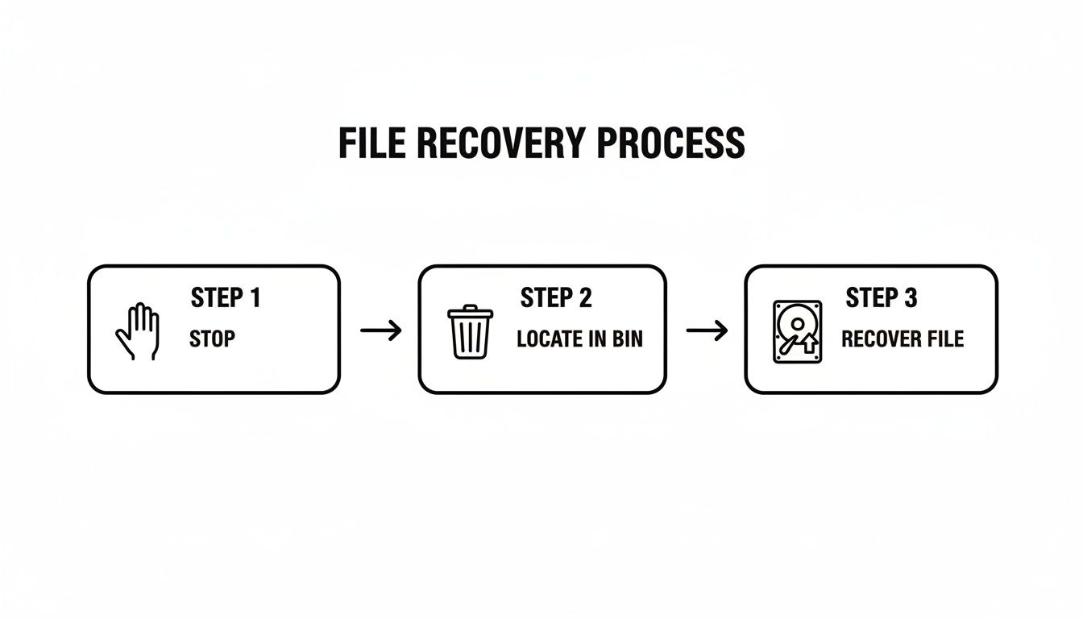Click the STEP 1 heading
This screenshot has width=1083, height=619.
pyautogui.click(x=226, y=298)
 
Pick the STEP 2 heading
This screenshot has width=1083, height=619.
pyautogui.click(x=556, y=298)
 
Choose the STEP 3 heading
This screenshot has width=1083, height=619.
pyautogui.click(x=882, y=298)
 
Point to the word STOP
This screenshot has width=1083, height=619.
pyautogui.click(x=212, y=339)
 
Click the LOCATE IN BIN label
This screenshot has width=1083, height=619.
pyautogui.click(x=579, y=339)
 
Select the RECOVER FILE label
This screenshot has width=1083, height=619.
pyautogui.click(x=902, y=339)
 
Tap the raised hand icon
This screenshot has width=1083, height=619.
pyautogui.click(x=138, y=330)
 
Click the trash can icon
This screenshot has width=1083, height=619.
pyautogui.click(x=470, y=331)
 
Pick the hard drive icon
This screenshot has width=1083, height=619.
pyautogui.click(x=797, y=331)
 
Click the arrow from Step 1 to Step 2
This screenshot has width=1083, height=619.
pyautogui.click(x=380, y=330)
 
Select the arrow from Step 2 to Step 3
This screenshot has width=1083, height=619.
pyautogui.click(x=707, y=330)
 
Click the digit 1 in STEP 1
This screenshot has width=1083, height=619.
pyautogui.click(x=255, y=298)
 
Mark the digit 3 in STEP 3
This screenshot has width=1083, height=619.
pyautogui.click(x=910, y=298)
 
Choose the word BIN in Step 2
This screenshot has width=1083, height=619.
pyautogui.click(x=628, y=339)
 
